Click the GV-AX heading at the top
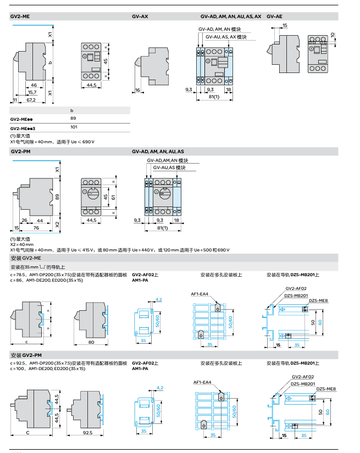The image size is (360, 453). click(x=140, y=16)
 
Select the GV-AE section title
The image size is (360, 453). click(x=274, y=16)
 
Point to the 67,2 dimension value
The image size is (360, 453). click(x=31, y=100)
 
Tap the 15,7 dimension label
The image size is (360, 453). click(x=32, y=92)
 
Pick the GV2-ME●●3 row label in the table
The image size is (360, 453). click(x=26, y=127)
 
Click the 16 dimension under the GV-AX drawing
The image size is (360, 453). click(x=137, y=90)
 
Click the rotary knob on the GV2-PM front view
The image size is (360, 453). click(x=92, y=193)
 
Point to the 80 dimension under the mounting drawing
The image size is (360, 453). click(x=91, y=342)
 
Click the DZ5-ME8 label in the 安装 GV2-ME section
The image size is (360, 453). click(x=318, y=300)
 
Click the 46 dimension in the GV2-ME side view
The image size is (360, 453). click(x=34, y=85)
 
